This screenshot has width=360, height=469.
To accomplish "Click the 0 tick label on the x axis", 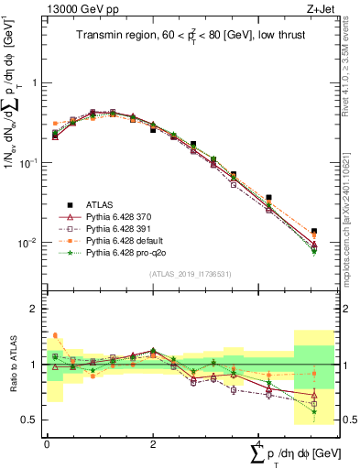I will [x=47, y=442].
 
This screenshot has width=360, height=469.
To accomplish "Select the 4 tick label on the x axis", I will [x=259, y=442].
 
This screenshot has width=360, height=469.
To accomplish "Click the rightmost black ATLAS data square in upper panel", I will [x=314, y=232].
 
